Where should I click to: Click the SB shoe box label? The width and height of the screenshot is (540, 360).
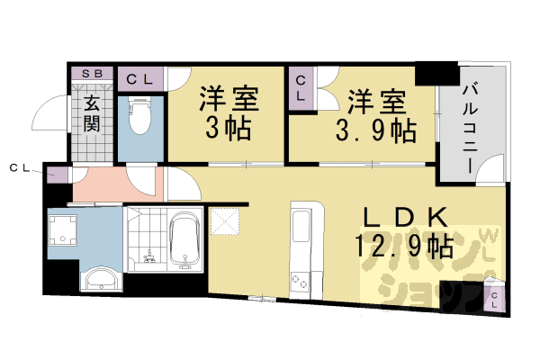[x=92, y=74]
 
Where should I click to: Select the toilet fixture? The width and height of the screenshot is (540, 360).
[x=140, y=118]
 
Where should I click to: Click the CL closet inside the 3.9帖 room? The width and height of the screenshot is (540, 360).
[x=301, y=89]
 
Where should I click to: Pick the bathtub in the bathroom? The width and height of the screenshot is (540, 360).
[x=184, y=240]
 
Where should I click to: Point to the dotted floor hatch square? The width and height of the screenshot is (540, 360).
[x=222, y=220]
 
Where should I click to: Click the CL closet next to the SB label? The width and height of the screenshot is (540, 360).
[x=140, y=79]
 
